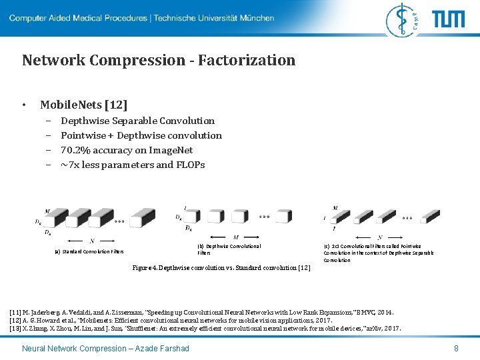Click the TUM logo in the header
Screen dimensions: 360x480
pos(449,19)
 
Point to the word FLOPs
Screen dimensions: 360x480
pos(190,165)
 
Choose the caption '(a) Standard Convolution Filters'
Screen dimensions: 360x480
pos(89,251)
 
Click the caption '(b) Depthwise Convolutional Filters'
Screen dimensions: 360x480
pos(229,249)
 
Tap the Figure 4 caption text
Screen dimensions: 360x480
pos(221,267)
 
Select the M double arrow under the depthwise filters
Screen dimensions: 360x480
pos(235,237)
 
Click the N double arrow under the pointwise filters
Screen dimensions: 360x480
pos(379,237)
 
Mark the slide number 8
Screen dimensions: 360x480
pos(456,349)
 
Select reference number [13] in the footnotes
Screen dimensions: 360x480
pos(15,328)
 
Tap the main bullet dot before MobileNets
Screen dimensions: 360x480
pos(24,105)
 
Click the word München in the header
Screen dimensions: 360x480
pos(257,18)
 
